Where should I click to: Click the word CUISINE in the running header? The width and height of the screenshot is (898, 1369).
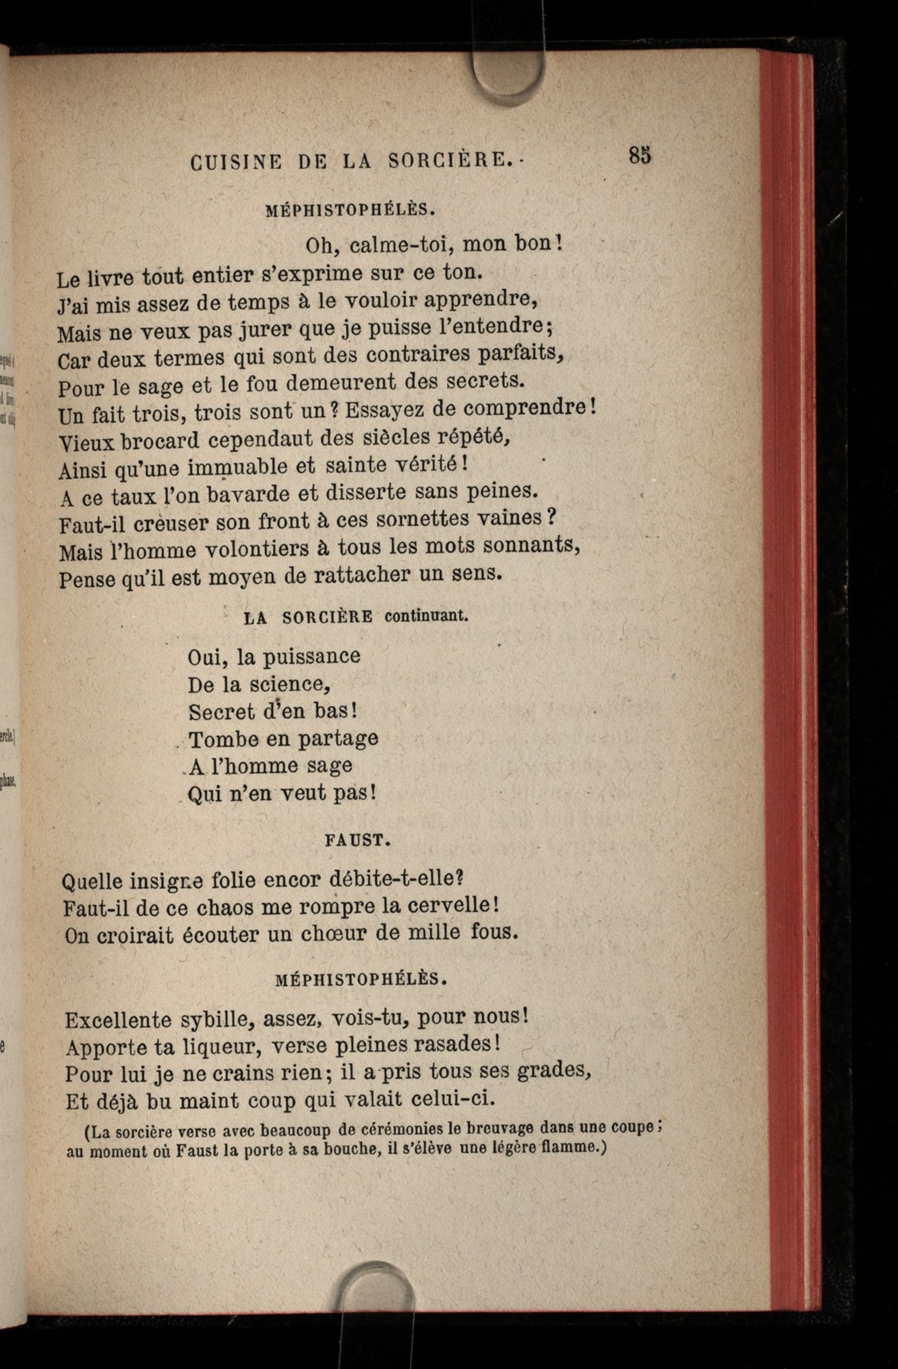point(235,163)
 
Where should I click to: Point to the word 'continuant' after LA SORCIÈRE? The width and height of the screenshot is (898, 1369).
point(426,616)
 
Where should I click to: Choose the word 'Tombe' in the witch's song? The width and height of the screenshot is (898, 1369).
point(219,739)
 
